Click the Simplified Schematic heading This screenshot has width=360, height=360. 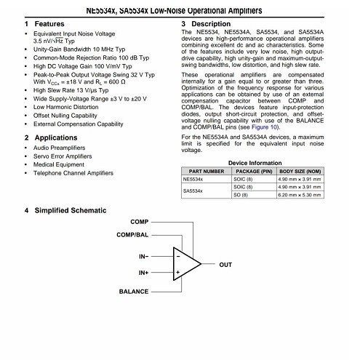click(70, 210)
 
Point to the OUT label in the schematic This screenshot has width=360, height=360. click(225, 265)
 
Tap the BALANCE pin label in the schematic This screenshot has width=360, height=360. click(134, 290)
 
